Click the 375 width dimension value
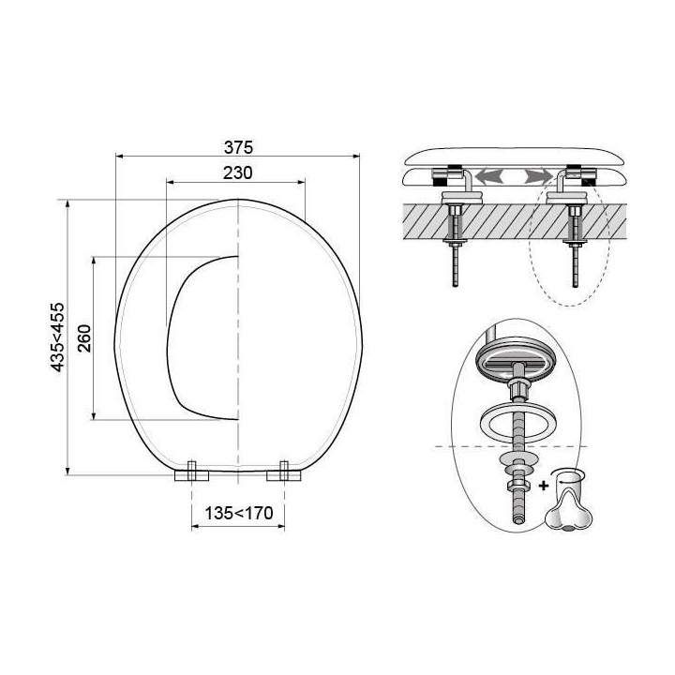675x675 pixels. pyautogui.click(x=240, y=148)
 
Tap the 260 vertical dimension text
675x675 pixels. pyautogui.click(x=84, y=336)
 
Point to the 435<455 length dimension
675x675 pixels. pyautogui.click(x=58, y=337)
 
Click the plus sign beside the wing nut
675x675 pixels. pyautogui.click(x=545, y=485)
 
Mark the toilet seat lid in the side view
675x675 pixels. pyautogui.click(x=514, y=156)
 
